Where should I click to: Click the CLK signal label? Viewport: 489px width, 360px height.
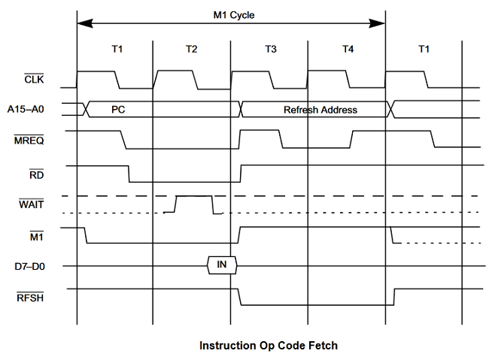coord(35,79)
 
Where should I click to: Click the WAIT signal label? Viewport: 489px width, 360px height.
coord(31,205)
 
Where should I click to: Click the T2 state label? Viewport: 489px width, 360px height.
coord(191,50)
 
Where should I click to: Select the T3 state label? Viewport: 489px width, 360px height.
coord(270,50)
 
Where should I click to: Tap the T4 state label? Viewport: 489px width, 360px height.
coord(347,50)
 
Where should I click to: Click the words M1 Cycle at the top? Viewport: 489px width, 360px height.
coord(231,14)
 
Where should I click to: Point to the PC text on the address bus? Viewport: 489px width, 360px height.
coord(118,110)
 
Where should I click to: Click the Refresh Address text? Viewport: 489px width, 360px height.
coord(320,110)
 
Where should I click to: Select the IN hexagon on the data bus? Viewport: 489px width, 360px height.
coord(222,265)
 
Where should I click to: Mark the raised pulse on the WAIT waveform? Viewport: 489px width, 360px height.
coord(193,196)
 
